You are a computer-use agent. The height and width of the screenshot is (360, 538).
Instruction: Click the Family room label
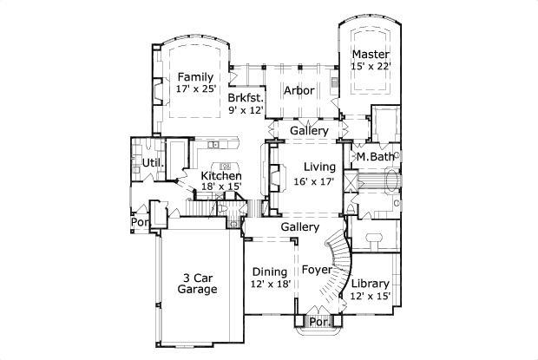click(x=195, y=77)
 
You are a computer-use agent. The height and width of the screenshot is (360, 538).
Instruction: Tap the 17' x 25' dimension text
click(x=195, y=89)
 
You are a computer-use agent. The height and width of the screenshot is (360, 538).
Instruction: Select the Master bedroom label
click(x=371, y=53)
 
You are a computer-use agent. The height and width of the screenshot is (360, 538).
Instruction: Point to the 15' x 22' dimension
click(x=371, y=65)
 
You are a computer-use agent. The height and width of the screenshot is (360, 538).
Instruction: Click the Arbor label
click(x=299, y=89)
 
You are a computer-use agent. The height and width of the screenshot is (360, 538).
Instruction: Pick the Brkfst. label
click(x=245, y=98)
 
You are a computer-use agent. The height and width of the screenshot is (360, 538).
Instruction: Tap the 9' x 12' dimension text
click(x=245, y=110)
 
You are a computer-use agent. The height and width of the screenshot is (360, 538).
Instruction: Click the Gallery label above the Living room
click(x=308, y=131)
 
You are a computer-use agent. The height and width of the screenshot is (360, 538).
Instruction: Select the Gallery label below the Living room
click(x=298, y=226)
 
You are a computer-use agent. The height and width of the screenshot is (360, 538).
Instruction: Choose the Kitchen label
click(x=221, y=176)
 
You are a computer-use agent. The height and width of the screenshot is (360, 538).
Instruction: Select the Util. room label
click(x=143, y=163)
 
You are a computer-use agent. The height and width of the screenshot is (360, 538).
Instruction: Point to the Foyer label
click(x=317, y=270)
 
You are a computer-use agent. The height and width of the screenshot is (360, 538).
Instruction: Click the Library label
click(x=370, y=284)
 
